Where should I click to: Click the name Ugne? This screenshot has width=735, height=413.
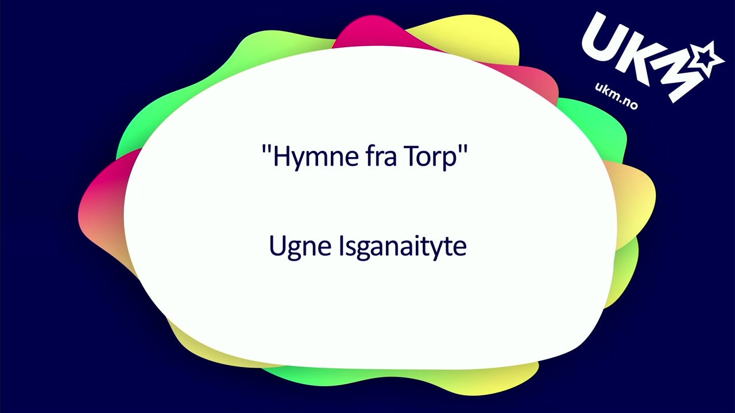tap(300, 247)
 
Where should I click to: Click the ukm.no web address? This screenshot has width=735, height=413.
tap(616, 96)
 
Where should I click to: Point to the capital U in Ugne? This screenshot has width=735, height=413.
tap(277, 246)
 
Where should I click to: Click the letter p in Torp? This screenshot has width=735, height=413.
tap(450, 161)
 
